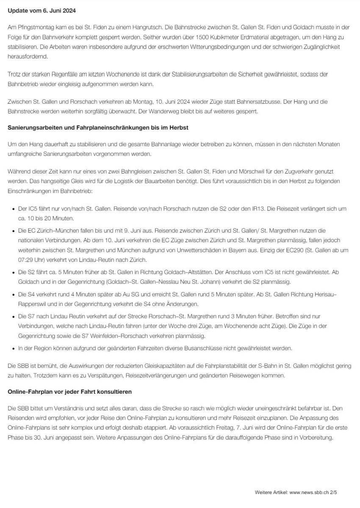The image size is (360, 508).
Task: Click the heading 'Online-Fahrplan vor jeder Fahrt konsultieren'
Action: tap(69, 392)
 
